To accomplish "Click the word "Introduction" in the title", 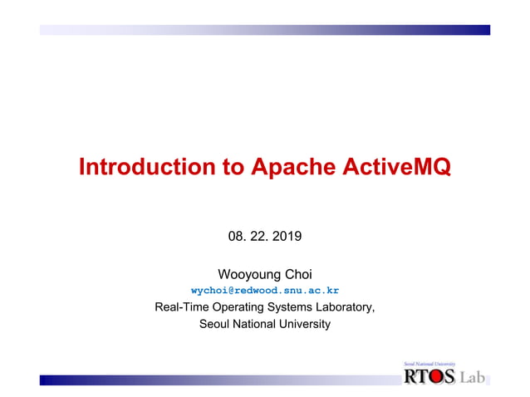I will (x=144, y=168).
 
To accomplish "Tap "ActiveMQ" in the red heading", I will (x=395, y=168).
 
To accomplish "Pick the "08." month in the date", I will (x=238, y=238).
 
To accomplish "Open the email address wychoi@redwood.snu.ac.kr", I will (x=265, y=291).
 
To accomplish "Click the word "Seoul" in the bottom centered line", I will (x=215, y=324).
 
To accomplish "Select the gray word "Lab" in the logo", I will (x=472, y=377).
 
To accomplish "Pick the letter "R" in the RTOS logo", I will (x=410, y=377).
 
